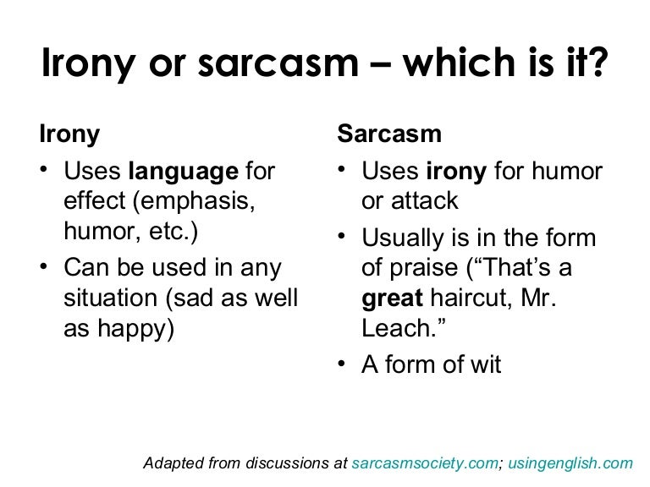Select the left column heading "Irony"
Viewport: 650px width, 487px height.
coord(69,134)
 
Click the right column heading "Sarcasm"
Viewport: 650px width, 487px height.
coord(388,134)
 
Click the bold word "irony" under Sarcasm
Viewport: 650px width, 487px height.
coord(455,172)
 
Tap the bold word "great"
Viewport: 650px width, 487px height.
coord(391,298)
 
